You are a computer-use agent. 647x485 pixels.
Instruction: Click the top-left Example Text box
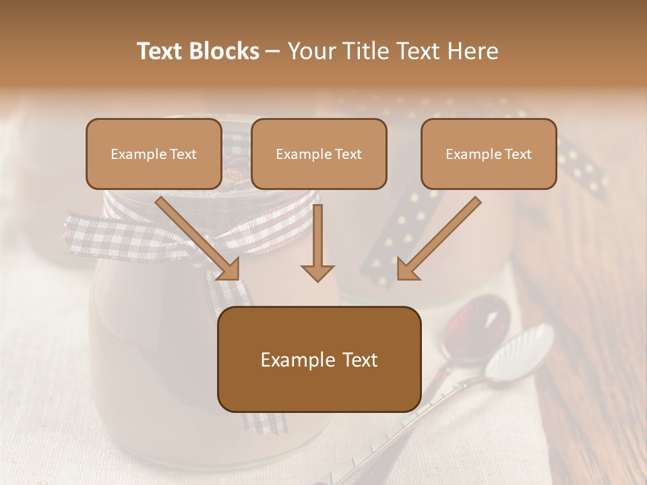(154, 154)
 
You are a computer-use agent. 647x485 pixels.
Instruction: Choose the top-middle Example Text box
(319, 154)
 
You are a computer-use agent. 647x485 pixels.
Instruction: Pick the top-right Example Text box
(489, 154)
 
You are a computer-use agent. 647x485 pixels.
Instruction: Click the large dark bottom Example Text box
(319, 360)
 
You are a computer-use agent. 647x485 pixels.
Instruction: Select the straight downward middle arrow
(317, 243)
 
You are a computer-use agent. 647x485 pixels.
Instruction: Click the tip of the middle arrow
(317, 278)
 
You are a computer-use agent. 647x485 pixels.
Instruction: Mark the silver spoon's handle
(418, 424)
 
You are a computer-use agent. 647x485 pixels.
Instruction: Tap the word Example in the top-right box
(470, 154)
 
